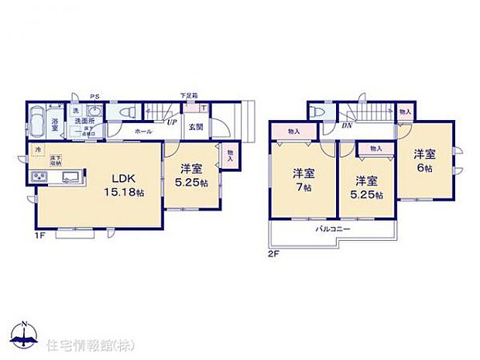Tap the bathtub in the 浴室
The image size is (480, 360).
pos(39,121)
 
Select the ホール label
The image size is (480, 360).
pos(142,132)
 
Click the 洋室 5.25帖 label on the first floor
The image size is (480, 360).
pos(190,176)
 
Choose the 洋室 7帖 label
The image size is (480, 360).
pos(303,179)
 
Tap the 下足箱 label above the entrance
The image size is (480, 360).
pos(188,95)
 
